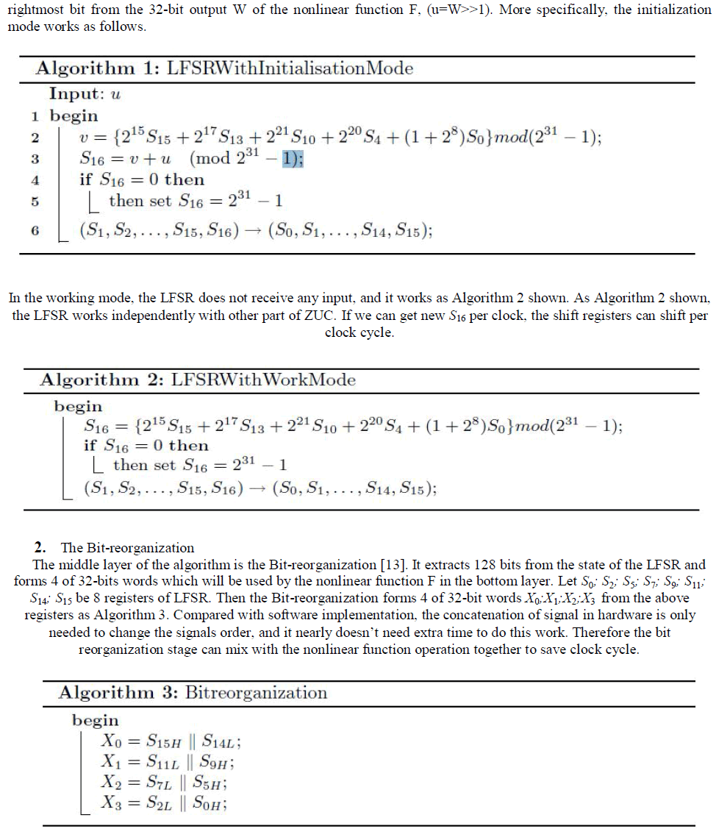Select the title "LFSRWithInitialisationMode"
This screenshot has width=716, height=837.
(x=290, y=69)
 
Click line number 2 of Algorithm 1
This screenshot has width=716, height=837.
(x=35, y=137)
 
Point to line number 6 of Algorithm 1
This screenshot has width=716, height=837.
(x=35, y=230)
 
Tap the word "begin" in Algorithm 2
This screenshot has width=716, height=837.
(x=78, y=406)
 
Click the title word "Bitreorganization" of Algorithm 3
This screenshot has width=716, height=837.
(x=257, y=693)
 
